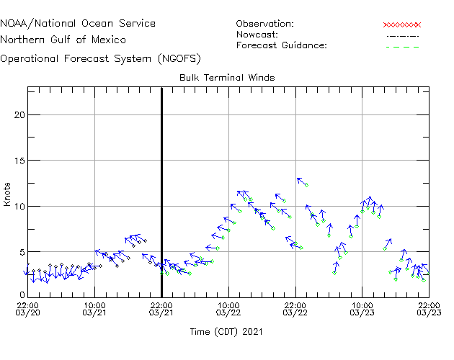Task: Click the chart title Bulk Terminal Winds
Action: [227, 77]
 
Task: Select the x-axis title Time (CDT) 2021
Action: [226, 332]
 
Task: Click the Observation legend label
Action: [264, 24]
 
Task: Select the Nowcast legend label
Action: [257, 35]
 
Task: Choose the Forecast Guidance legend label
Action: [281, 45]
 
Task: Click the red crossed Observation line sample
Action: [402, 24]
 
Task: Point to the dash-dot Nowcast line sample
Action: [402, 35]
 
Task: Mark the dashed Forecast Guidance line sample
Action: [402, 46]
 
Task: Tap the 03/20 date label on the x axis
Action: [27, 313]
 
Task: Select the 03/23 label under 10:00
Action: [362, 313]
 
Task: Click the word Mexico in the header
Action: [109, 40]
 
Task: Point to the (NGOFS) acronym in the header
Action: [179, 58]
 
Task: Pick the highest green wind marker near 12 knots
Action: [306, 185]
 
